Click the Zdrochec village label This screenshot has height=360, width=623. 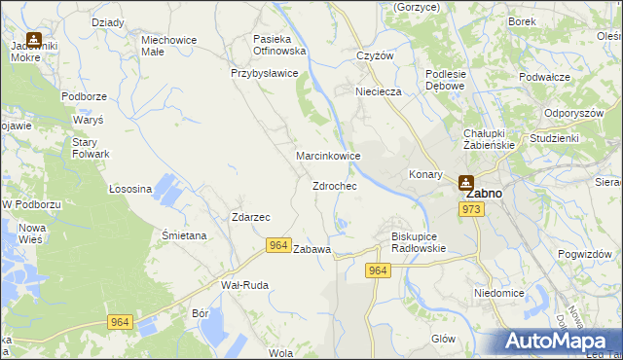click(334, 186)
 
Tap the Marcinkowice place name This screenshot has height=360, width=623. click(329, 156)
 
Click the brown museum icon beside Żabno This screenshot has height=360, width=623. click(465, 181)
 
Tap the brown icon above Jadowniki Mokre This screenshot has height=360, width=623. click(34, 40)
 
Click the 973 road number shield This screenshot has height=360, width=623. click(473, 209)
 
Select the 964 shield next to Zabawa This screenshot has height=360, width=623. click(278, 247)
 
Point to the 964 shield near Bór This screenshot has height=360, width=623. click(121, 322)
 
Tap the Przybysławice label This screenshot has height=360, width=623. click(264, 73)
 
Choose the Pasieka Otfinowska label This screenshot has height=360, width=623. click(279, 44)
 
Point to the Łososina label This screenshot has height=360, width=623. click(130, 189)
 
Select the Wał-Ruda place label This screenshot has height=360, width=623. click(245, 285)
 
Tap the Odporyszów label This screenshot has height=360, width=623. click(575, 113)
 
